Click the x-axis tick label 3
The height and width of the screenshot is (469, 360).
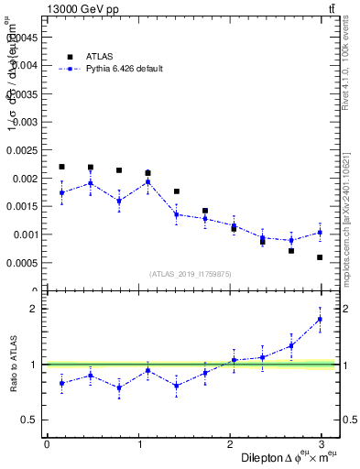(322, 443)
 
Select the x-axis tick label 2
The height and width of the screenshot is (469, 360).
(230, 443)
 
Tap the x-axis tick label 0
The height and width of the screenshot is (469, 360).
(47, 443)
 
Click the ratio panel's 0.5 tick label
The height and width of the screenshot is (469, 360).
(29, 420)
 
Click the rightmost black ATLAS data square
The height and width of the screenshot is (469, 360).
(320, 257)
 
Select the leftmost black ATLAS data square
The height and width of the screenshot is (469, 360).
(61, 167)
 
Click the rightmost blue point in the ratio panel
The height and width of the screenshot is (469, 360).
(320, 319)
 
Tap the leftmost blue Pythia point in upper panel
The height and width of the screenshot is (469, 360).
(61, 192)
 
